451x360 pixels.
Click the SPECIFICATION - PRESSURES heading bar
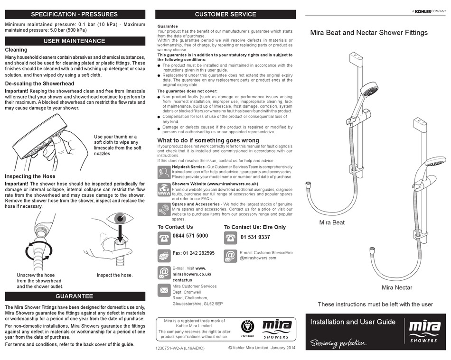tap(74, 14)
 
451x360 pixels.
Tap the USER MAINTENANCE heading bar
tap(74, 41)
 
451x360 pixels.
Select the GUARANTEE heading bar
tap(74, 296)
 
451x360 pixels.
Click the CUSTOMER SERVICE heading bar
tap(225, 14)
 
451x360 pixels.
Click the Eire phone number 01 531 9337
tap(255, 237)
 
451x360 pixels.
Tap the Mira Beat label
tap(332, 222)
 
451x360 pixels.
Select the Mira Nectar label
tap(397, 287)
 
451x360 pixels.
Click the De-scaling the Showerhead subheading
tap(39, 83)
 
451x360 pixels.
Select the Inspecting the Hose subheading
tap(30, 176)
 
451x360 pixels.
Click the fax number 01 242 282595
tap(194, 253)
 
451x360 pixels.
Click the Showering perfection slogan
tap(338, 343)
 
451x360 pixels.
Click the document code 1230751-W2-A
tap(180, 349)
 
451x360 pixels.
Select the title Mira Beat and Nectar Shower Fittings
tap(369, 33)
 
